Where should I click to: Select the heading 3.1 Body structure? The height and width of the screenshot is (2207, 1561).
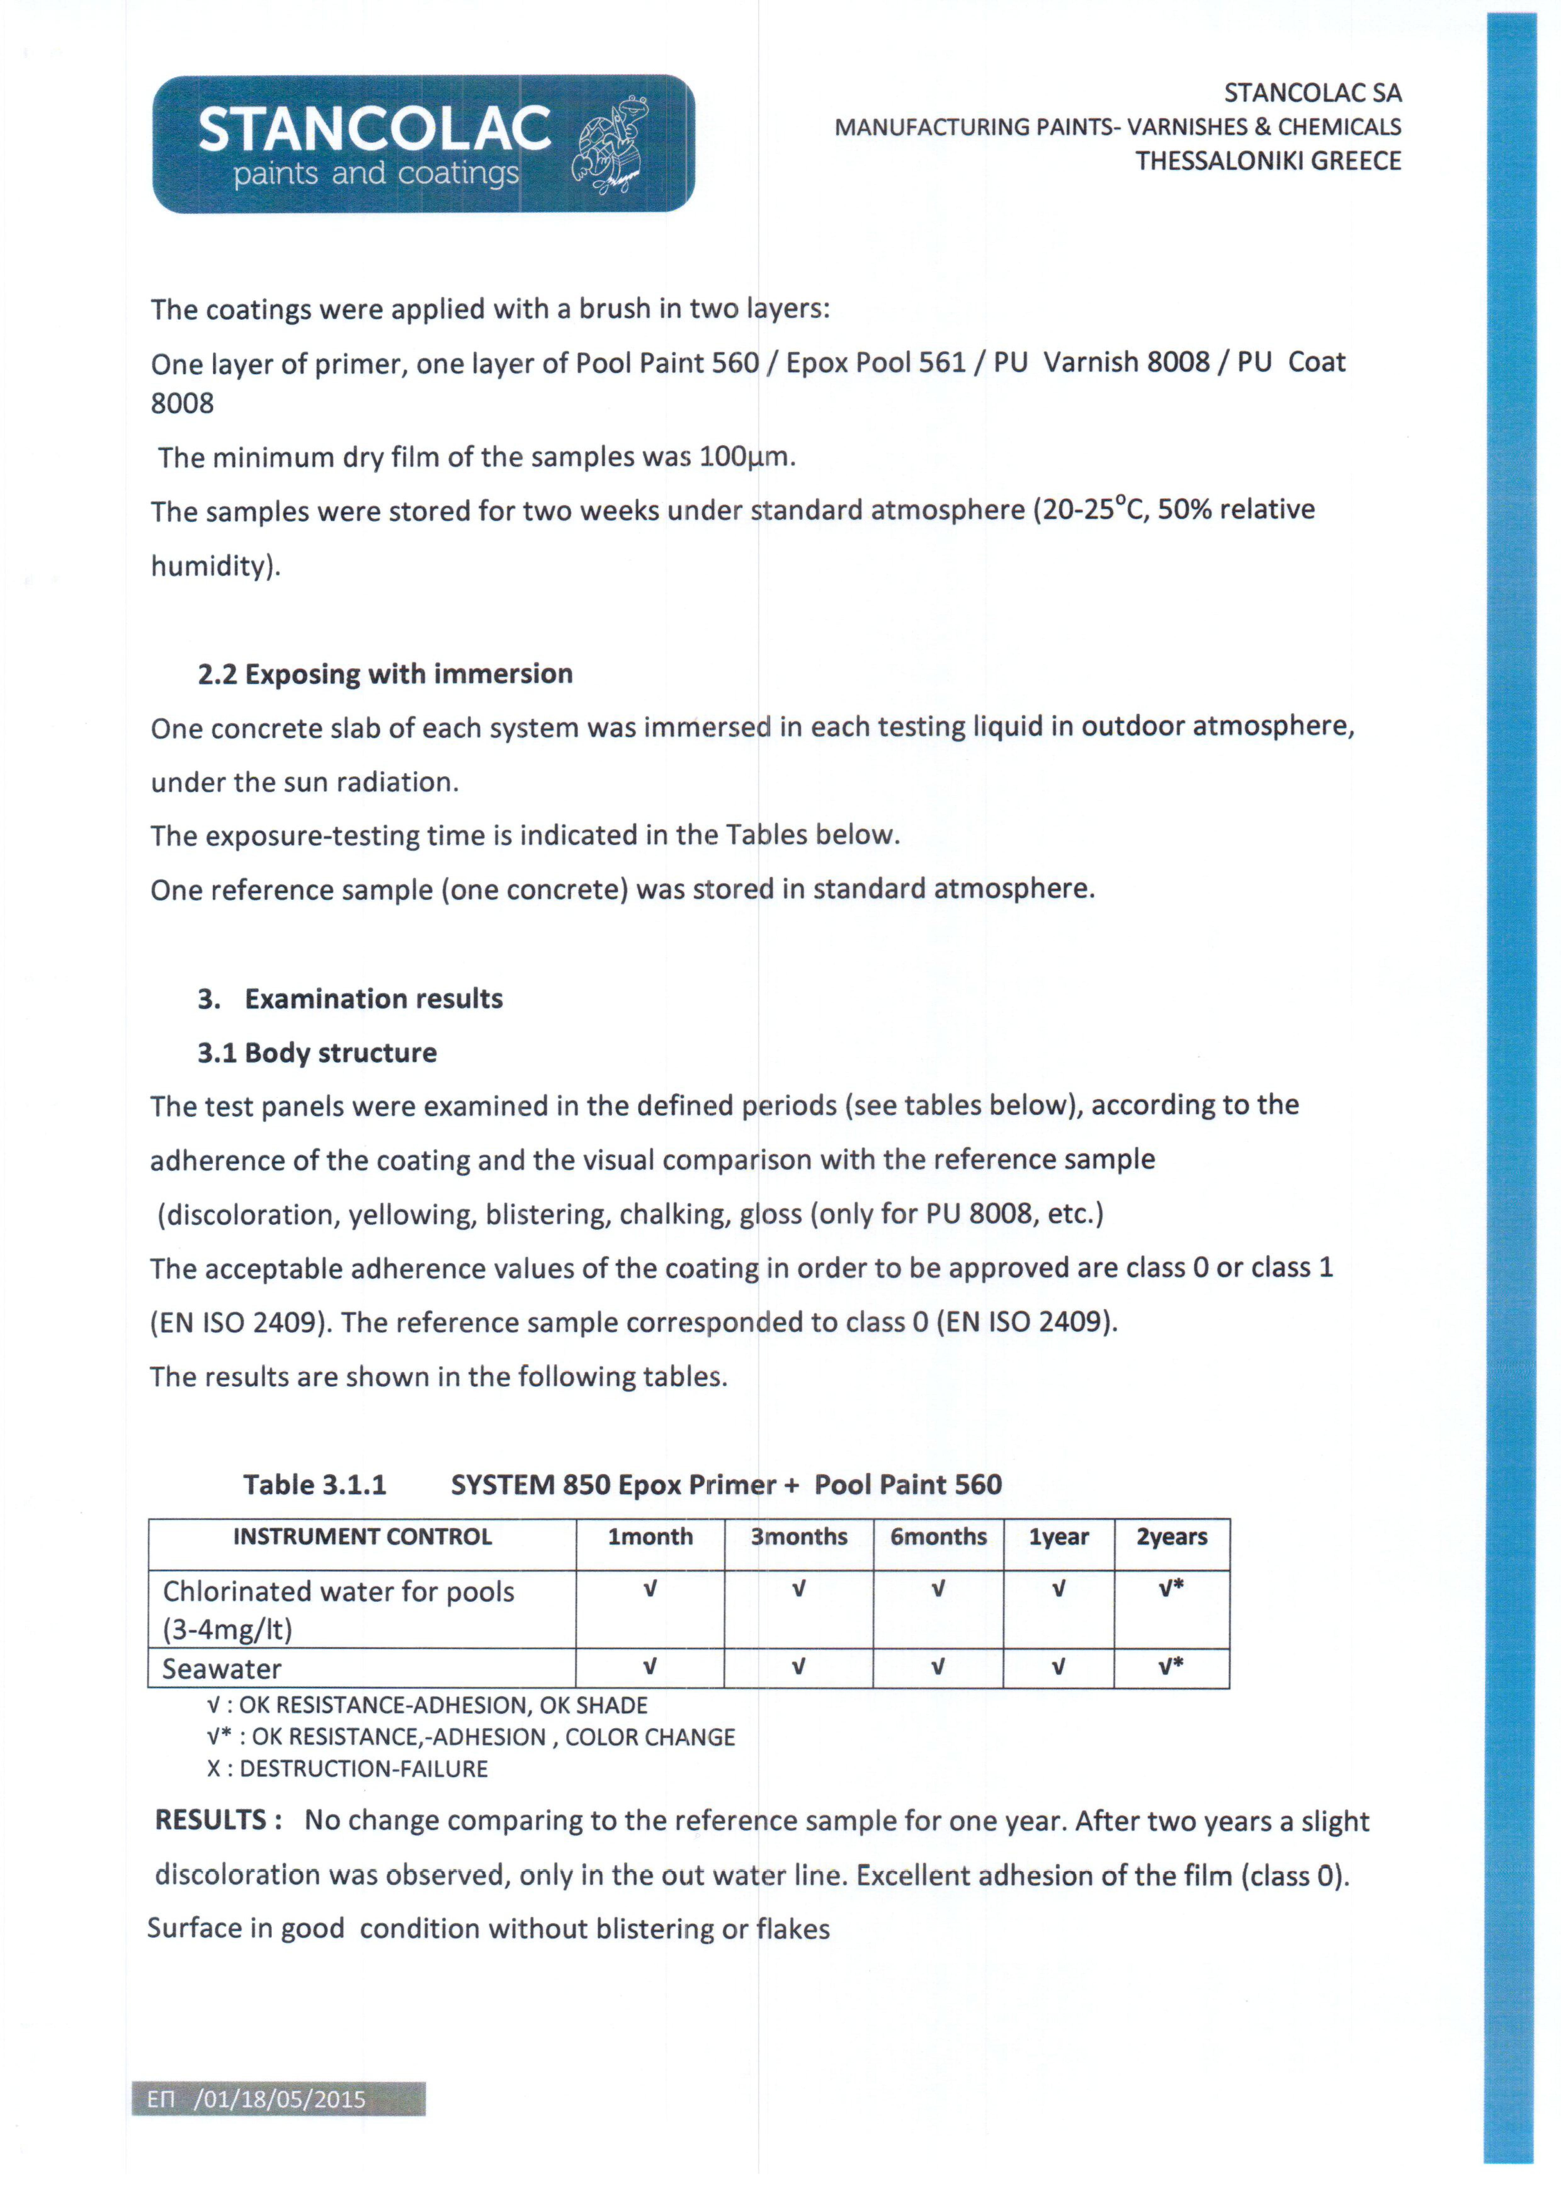coord(317,1052)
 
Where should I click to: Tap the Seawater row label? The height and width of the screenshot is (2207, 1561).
coord(222,1669)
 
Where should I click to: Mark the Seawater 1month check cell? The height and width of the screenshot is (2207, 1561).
coord(650,1667)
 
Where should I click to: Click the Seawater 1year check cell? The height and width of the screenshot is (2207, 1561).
coord(1058,1667)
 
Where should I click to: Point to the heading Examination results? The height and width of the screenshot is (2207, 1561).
coord(374,999)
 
